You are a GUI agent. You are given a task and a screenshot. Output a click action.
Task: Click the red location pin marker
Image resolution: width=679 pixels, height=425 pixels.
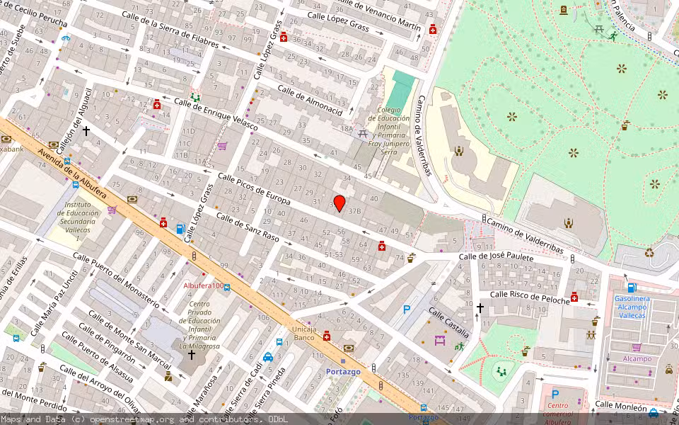(x=339, y=203)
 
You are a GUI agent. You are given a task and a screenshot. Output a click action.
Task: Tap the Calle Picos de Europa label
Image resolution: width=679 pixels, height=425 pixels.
(x=254, y=189)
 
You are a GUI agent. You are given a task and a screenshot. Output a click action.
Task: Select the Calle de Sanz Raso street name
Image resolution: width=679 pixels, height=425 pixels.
(x=248, y=227)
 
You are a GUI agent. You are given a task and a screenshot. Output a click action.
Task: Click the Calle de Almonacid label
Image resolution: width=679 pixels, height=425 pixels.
(x=310, y=101)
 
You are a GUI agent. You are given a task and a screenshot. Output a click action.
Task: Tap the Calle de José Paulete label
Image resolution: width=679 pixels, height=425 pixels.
(x=496, y=257)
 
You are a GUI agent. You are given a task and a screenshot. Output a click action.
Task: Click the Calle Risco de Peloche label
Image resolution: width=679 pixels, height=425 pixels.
(x=530, y=297)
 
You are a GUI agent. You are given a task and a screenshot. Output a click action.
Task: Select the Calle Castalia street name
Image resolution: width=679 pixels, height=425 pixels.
(x=448, y=322)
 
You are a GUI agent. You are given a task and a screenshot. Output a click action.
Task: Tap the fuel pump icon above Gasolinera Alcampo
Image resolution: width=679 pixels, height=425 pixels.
(x=632, y=288)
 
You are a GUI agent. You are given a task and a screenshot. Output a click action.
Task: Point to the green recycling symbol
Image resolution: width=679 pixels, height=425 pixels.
(x=649, y=252)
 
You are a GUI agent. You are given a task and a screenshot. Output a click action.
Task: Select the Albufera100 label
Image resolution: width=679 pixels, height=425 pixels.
(x=203, y=285)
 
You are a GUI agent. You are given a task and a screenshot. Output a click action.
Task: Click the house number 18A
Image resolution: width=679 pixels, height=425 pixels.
(x=347, y=128)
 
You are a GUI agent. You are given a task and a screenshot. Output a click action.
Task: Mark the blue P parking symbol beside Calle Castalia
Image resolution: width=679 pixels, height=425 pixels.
(x=407, y=309)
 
